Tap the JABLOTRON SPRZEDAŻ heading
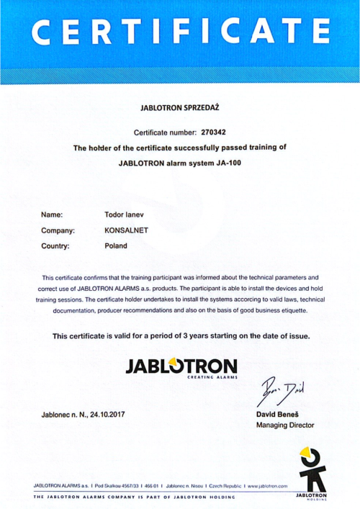(180, 107)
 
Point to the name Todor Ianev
(126, 215)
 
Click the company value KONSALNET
(126, 230)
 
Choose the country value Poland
(116, 246)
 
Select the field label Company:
(58, 230)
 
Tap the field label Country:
(55, 246)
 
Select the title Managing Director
(285, 425)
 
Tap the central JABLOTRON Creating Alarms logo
(181, 365)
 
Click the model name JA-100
(228, 162)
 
